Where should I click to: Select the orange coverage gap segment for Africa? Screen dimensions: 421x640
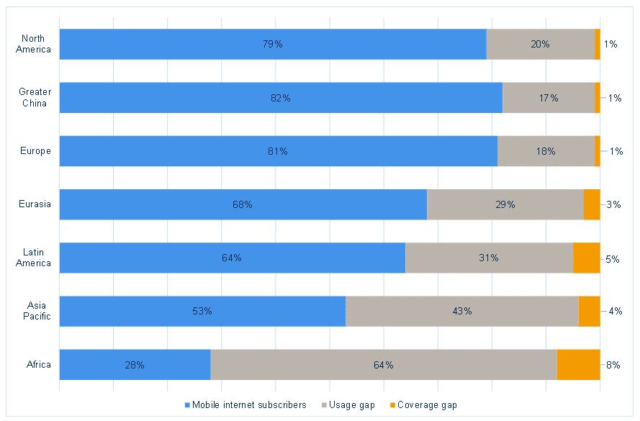(578, 365)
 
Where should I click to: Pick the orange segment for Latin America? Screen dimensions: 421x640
(586, 258)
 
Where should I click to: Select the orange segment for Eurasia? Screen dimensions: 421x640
(591, 204)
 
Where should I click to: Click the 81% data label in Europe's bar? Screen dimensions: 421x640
(278, 151)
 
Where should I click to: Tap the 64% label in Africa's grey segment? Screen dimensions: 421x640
(383, 365)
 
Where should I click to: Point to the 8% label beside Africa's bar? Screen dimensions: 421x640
(613, 365)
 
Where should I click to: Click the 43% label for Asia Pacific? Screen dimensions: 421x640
(462, 311)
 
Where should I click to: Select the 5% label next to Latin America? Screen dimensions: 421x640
(613, 258)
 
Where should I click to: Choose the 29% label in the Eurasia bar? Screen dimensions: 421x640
(505, 204)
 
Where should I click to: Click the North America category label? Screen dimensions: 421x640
(36, 44)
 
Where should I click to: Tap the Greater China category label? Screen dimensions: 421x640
(35, 98)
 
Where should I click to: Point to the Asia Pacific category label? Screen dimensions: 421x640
(36, 311)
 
